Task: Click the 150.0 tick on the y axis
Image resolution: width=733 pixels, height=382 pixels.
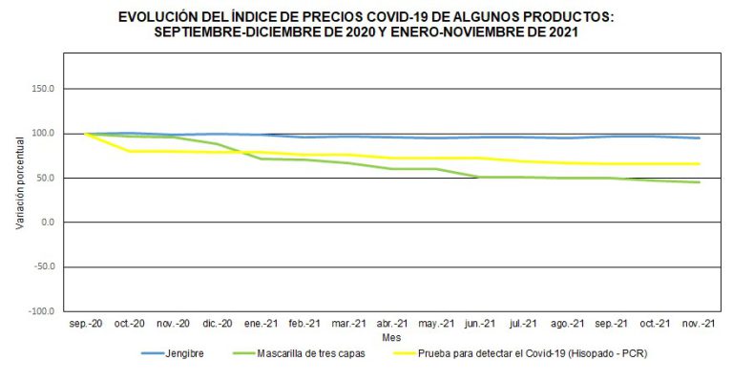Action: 44,89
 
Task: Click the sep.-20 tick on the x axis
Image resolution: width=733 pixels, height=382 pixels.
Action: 86,325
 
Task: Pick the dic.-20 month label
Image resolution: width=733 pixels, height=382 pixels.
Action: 218,325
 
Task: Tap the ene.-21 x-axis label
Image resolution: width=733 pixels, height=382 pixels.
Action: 262,325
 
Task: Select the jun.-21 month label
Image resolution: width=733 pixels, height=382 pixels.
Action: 480,325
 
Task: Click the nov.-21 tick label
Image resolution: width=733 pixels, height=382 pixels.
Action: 700,325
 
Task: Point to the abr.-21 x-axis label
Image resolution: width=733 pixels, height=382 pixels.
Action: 392,325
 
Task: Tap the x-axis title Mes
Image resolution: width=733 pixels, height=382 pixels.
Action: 392,337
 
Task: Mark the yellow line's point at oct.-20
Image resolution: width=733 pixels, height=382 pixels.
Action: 131,151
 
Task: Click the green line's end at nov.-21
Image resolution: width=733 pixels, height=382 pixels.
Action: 700,182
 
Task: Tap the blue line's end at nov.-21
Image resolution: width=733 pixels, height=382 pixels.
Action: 700,138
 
